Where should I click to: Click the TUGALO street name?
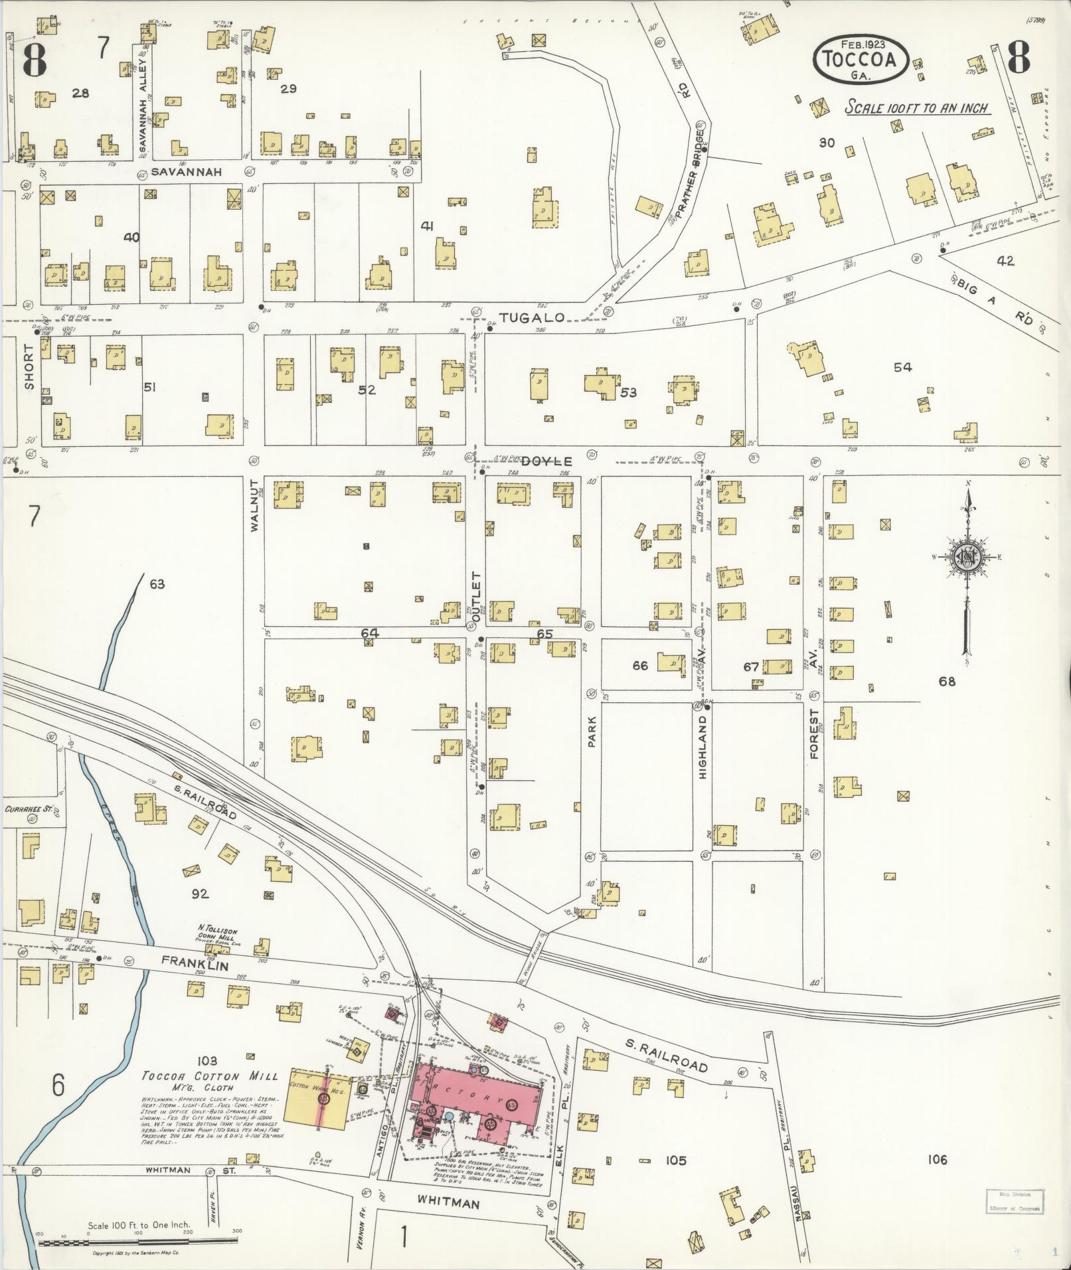[531, 318]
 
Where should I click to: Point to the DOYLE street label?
[546, 461]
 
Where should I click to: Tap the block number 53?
[628, 392]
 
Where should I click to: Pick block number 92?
[200, 894]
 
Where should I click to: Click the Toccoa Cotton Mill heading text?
[211, 1077]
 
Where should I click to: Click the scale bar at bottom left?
[139, 1241]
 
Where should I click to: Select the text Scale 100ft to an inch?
[916, 108]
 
